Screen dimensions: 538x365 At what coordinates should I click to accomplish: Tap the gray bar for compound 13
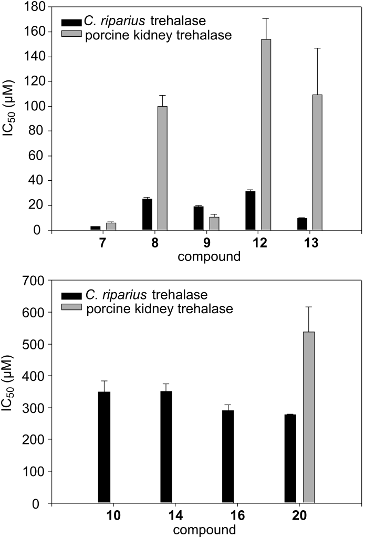pos(317,162)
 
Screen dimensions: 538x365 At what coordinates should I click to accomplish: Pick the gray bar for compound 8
pos(163,168)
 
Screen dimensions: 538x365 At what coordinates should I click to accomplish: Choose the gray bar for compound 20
pos(309,418)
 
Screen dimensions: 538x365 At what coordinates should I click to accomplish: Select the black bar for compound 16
pos(228,457)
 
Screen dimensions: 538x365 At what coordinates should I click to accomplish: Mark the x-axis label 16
pos(227,517)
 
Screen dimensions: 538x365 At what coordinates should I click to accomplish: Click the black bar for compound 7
pos(96,228)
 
